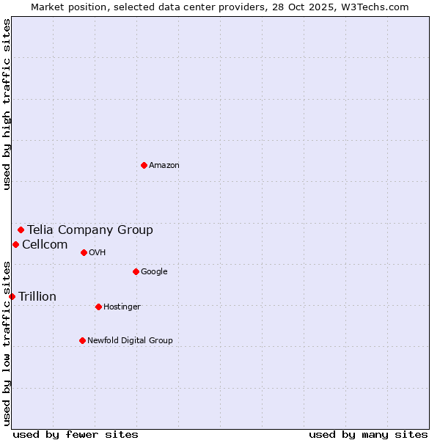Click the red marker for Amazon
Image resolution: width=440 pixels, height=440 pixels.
click(144, 165)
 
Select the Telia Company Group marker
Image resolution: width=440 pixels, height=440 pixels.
click(21, 230)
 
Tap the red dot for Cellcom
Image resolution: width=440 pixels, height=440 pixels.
click(15, 244)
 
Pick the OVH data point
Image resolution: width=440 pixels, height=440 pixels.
click(84, 252)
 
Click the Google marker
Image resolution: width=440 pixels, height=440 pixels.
click(136, 271)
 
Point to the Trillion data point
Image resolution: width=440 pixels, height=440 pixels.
click(12, 296)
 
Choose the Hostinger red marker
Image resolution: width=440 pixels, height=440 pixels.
click(98, 307)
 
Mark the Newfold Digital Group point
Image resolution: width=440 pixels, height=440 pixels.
click(82, 340)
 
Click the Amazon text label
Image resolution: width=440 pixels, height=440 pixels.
click(164, 165)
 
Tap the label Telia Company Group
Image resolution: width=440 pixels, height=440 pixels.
click(90, 230)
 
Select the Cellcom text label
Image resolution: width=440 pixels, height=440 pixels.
click(45, 244)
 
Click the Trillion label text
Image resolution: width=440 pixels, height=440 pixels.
click(37, 296)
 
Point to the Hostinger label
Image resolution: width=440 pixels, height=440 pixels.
click(122, 307)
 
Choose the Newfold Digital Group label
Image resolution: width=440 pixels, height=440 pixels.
click(130, 340)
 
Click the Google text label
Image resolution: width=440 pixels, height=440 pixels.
click(154, 271)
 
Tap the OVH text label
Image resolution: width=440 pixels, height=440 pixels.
click(98, 252)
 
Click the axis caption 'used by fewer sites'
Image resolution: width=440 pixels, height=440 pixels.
click(76, 434)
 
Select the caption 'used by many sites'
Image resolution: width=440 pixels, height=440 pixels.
click(368, 434)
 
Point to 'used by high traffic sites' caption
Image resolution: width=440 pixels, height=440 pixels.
click(7, 104)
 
